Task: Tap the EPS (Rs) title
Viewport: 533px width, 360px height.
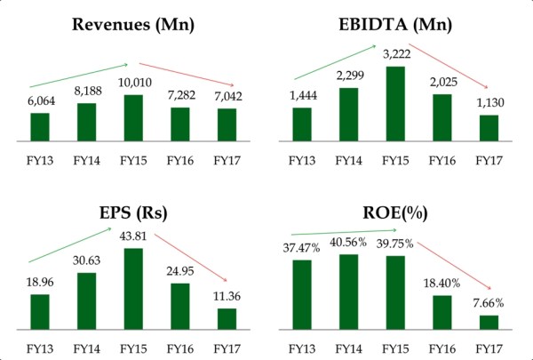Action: point(132,213)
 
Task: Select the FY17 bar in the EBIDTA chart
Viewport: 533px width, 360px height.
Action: point(489,128)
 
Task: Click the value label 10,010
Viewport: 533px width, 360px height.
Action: point(132,84)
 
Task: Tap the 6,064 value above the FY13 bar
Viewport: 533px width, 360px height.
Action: point(40,101)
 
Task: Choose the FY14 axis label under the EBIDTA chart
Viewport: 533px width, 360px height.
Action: point(348,161)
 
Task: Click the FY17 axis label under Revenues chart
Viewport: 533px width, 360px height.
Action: point(227,161)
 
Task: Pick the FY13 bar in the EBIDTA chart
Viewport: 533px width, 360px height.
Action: point(302,124)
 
